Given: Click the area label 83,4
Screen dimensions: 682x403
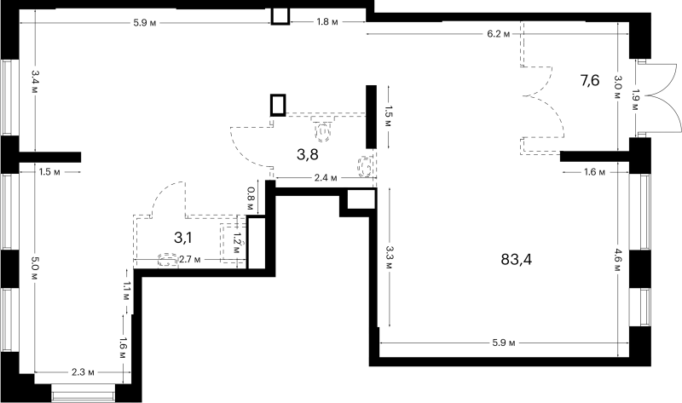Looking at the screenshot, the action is point(517,260).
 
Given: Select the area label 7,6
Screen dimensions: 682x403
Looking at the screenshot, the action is point(590,80).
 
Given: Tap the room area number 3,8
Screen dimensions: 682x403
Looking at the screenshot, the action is point(308,154).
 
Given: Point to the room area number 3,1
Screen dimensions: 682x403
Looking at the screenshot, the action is point(182,238).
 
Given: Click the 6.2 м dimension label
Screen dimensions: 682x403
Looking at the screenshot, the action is point(499,34).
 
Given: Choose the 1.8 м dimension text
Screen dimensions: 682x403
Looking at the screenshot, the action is point(327,22).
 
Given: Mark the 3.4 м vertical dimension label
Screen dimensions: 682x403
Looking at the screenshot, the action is point(35,82).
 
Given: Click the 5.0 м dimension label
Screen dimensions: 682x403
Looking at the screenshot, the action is point(35,270).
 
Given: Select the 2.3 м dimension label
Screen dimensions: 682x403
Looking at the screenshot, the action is point(83,372).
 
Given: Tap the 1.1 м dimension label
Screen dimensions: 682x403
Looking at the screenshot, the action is point(125,291).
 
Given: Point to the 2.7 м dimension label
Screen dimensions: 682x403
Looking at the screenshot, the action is point(189,260).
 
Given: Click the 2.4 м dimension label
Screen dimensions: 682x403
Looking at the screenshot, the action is point(326,178).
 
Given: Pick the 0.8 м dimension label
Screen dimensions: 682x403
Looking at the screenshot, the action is point(250,199).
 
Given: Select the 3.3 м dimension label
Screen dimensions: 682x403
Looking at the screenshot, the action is point(389,257).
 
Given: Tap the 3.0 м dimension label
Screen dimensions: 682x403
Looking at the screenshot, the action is point(618,88).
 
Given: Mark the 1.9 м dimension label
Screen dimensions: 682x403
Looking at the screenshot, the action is point(635,101).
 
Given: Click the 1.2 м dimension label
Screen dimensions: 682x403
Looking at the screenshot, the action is point(237,244).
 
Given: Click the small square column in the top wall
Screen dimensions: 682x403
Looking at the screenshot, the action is point(280,16).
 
